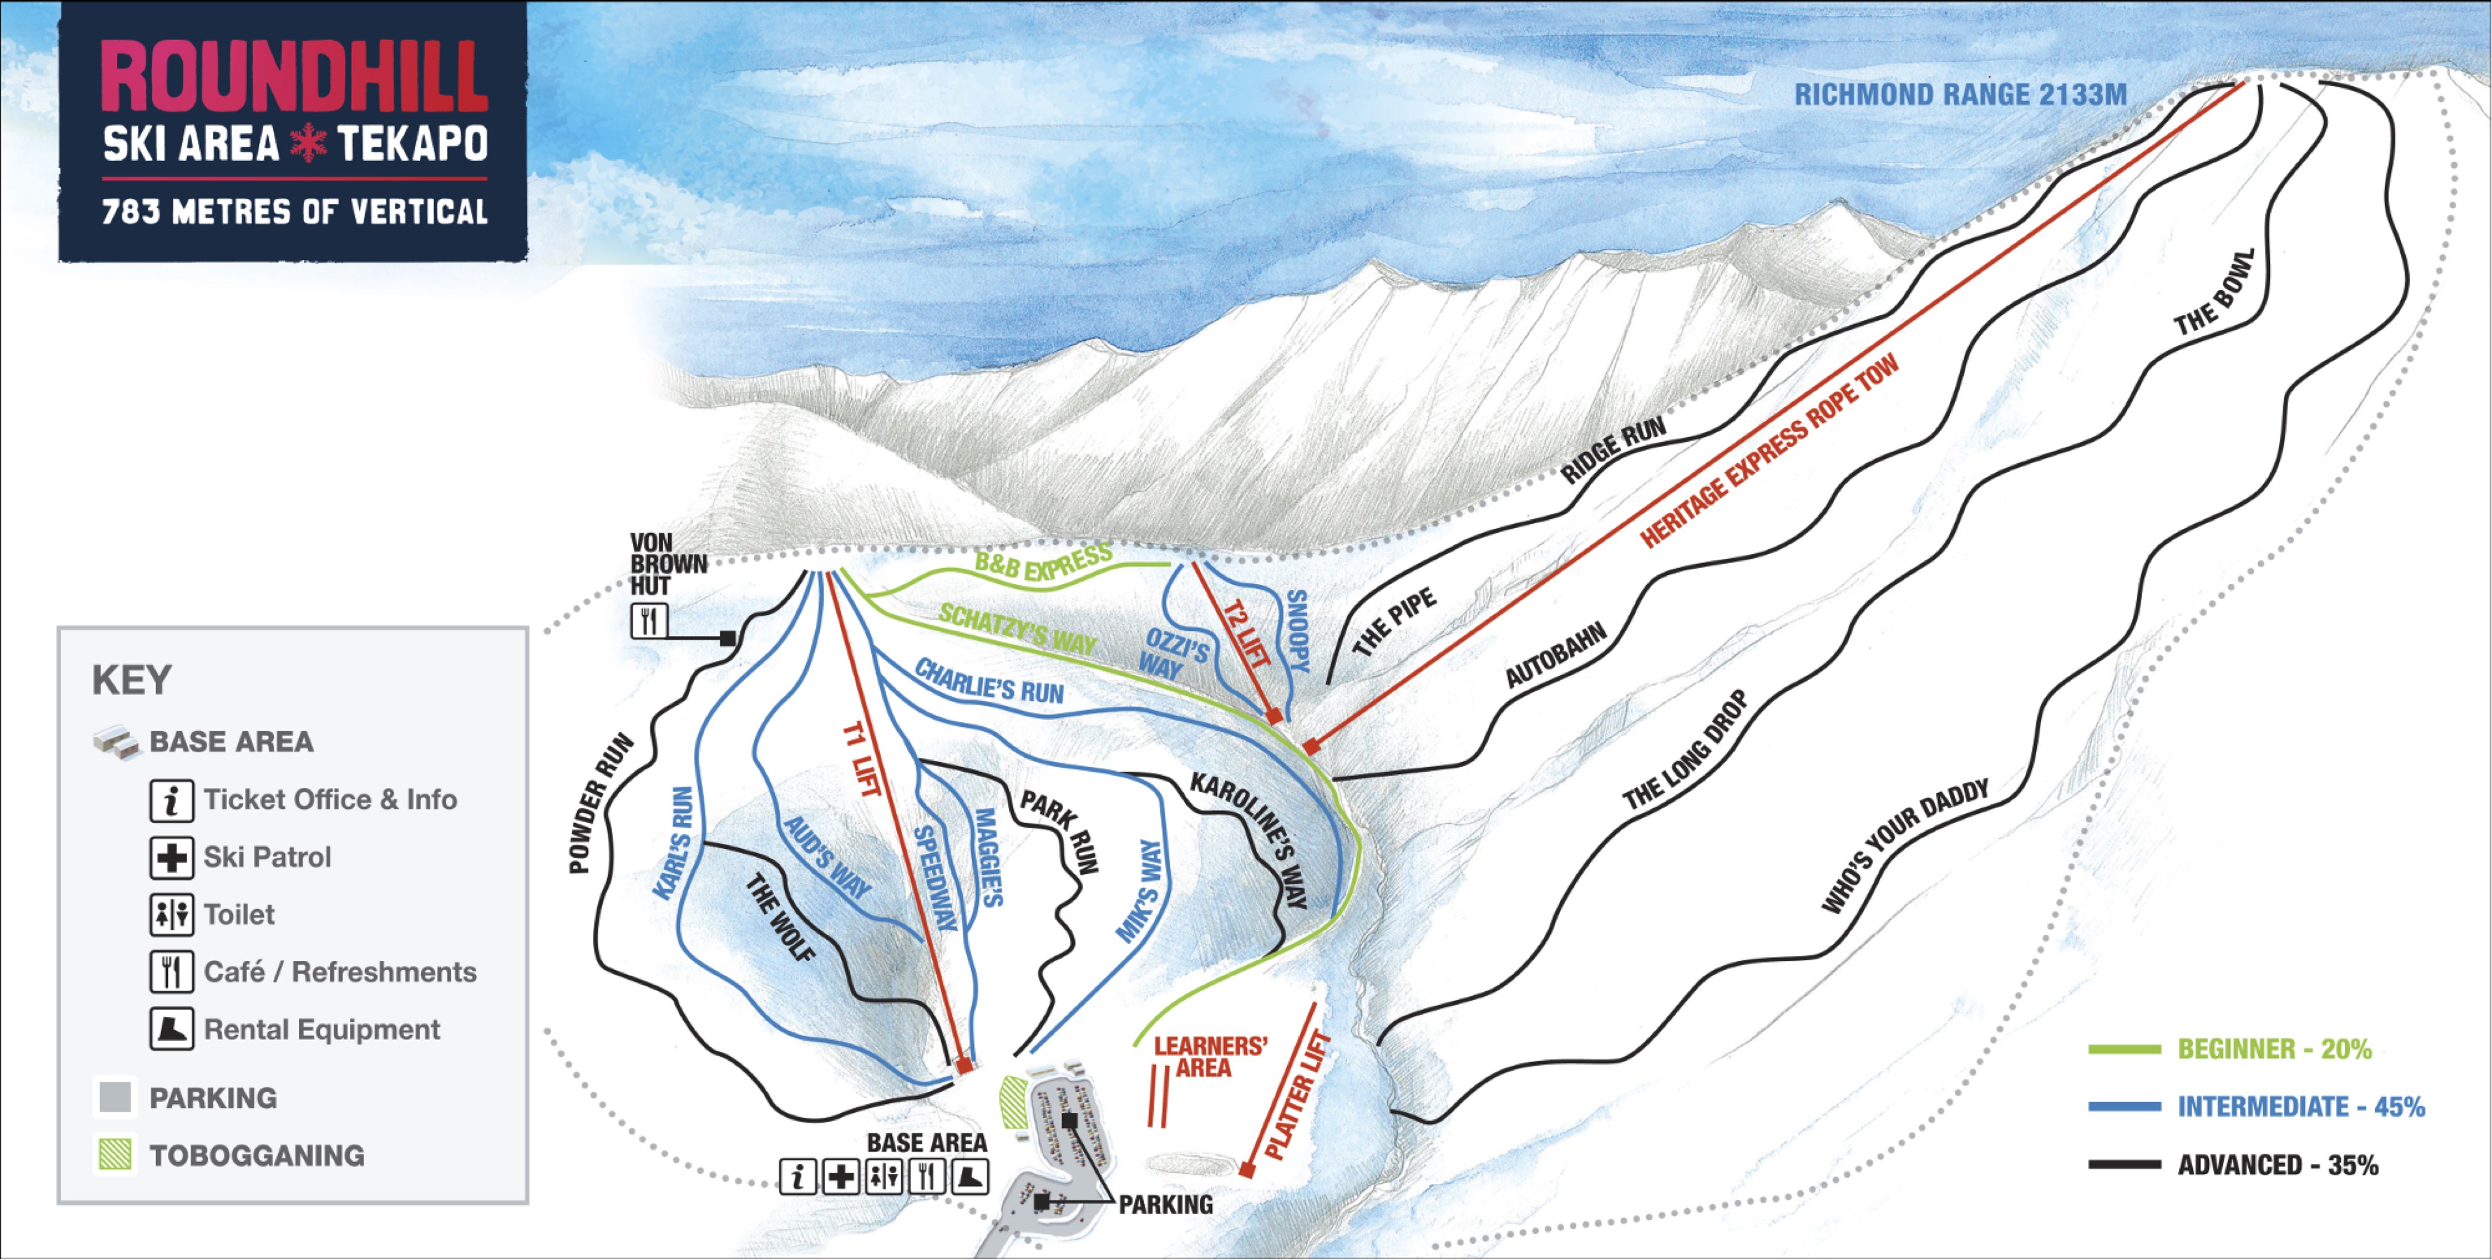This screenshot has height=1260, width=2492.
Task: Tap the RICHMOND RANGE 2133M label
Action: [1960, 95]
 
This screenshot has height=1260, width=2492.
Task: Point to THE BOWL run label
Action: [2214, 293]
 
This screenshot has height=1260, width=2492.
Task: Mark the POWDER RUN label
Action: [601, 803]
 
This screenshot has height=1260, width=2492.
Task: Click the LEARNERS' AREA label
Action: [1210, 1057]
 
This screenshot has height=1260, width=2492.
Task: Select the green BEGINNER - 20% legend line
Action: [2124, 1049]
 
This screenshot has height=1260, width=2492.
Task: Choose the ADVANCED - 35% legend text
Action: [2277, 1165]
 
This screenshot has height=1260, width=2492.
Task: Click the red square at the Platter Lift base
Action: [1247, 1171]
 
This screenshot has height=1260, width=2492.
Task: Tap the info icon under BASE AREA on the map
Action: [798, 1177]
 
